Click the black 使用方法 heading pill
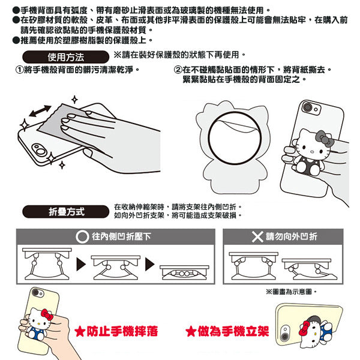(x=65, y=57)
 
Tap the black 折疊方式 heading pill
(x=65, y=211)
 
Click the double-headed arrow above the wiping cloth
(x=40, y=111)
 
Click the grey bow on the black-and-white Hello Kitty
(x=324, y=139)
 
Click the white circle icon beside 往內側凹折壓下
(x=82, y=237)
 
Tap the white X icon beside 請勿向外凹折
(x=257, y=237)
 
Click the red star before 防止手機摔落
(x=80, y=332)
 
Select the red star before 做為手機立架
(x=191, y=332)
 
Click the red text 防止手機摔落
(x=122, y=332)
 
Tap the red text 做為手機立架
(x=233, y=332)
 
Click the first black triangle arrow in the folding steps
(x=81, y=265)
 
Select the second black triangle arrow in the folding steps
(x=149, y=265)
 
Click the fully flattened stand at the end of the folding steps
(x=184, y=272)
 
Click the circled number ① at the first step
(x=19, y=70)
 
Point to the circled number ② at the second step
(x=178, y=70)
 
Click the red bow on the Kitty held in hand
(x=47, y=315)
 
